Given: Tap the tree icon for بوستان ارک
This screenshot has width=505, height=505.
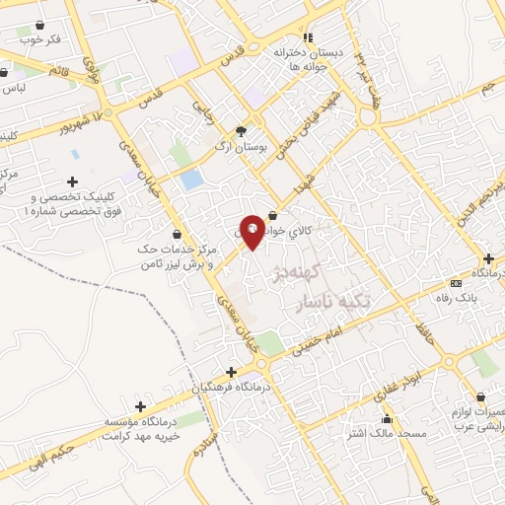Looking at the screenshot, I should tap(242, 130).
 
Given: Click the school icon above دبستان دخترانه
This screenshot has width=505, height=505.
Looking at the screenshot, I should tap(308, 36).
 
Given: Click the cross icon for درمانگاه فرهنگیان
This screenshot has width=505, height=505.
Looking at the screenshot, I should tap(231, 372).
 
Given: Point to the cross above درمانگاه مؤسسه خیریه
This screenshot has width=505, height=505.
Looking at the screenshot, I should tap(140, 406).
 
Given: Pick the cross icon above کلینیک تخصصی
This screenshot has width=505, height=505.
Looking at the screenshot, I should tap(72, 181).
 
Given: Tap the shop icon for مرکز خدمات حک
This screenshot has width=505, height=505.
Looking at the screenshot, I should tap(176, 235).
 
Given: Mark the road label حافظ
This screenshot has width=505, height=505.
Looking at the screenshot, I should tap(425, 319).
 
